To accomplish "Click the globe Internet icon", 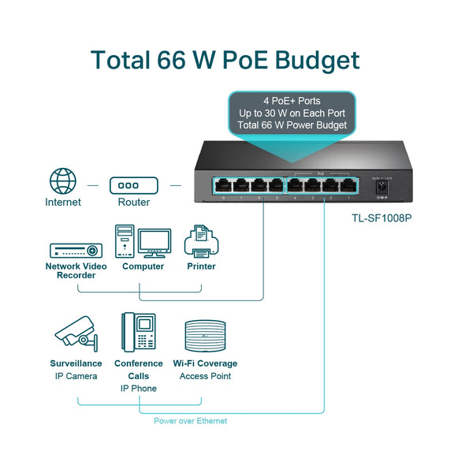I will (x=63, y=181).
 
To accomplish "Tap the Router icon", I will (x=133, y=185).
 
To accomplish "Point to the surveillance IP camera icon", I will (x=76, y=336).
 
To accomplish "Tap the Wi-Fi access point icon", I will (x=205, y=334).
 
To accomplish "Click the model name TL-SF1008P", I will (x=382, y=218).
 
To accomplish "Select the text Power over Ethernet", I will (x=190, y=421).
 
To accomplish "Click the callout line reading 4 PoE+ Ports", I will (x=292, y=102).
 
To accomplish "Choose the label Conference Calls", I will (x=139, y=370).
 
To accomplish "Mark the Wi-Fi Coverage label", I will (x=205, y=363).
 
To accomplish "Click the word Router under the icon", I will (x=133, y=203).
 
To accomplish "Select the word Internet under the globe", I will (x=63, y=203).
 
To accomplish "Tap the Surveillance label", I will (x=76, y=363).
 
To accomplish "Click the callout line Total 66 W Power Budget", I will (x=292, y=126).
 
